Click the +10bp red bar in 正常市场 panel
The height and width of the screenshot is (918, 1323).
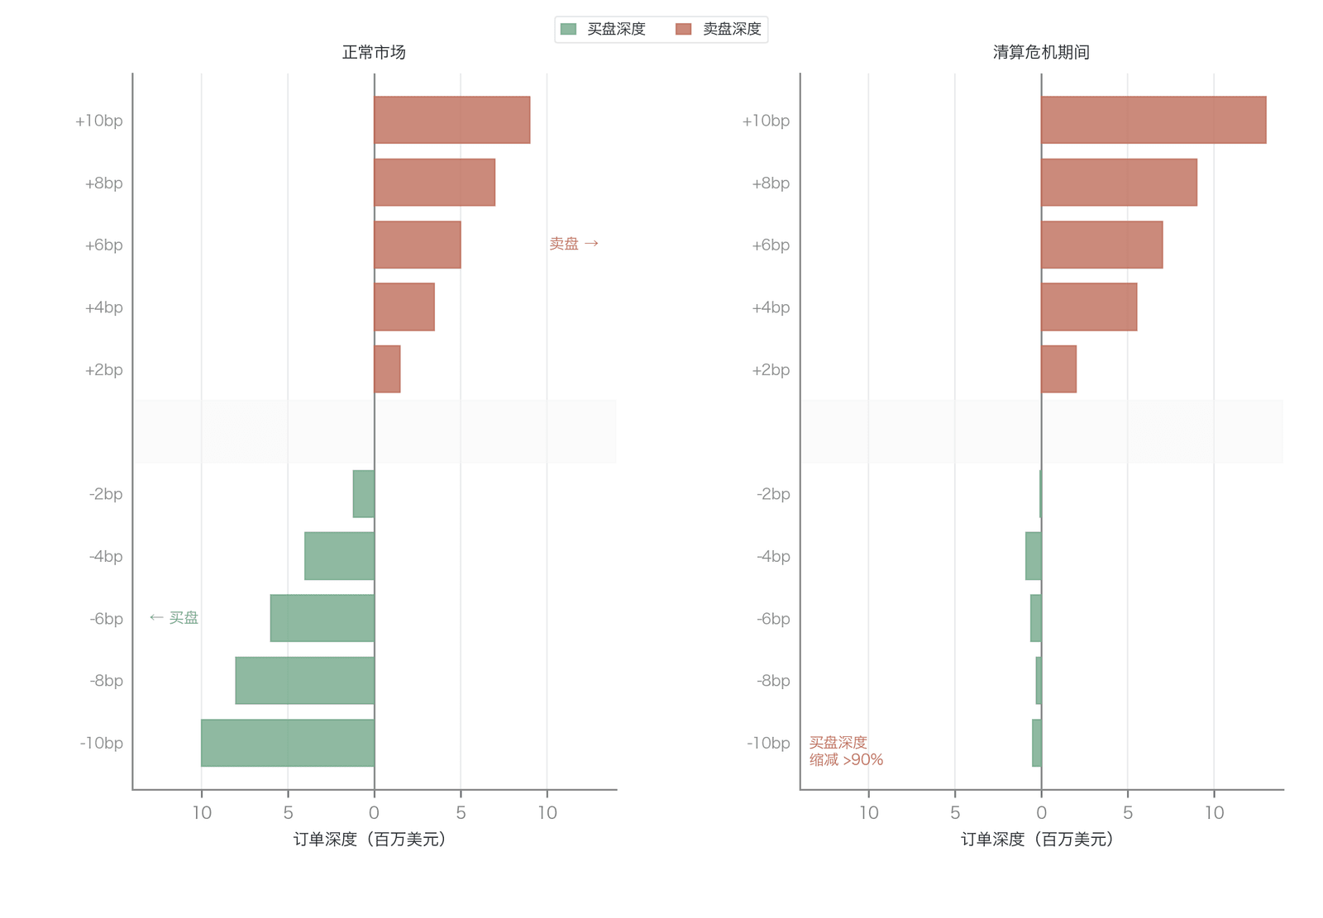(x=451, y=120)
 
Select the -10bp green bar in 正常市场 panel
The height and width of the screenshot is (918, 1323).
(x=288, y=743)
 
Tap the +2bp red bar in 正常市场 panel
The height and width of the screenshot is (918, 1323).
(x=388, y=369)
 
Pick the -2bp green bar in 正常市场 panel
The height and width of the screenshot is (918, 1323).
(x=364, y=493)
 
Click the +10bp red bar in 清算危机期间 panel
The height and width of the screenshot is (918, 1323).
(x=1153, y=120)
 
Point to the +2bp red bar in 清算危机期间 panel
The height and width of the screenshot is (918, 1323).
(x=1059, y=369)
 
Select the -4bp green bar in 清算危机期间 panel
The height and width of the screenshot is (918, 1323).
(x=1034, y=556)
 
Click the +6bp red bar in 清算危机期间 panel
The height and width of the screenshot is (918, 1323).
(x=1102, y=245)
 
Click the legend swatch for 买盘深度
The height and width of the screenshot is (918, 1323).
(x=568, y=29)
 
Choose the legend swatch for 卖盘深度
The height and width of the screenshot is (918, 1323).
(x=683, y=29)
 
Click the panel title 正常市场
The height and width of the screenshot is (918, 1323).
(x=374, y=53)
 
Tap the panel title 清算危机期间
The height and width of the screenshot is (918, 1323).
(x=1041, y=53)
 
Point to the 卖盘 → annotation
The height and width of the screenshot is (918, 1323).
(x=574, y=243)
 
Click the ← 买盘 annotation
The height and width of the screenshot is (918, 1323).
(x=174, y=617)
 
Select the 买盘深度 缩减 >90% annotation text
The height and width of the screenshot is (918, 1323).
(x=846, y=751)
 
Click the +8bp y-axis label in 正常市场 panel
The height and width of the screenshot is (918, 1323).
(x=104, y=183)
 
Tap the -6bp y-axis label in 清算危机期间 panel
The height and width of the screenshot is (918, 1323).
(x=773, y=619)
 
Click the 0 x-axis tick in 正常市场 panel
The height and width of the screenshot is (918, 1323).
(x=374, y=813)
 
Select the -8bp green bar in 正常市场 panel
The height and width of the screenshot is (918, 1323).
(x=305, y=680)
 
